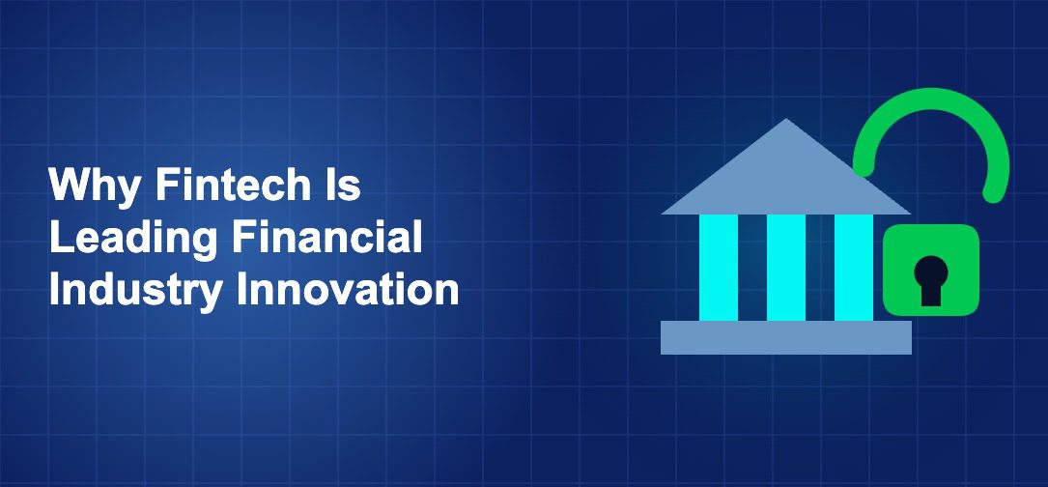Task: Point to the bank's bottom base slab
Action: coord(786,337)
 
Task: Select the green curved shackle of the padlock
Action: coord(933,101)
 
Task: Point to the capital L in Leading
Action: coord(60,238)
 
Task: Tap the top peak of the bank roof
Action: coord(786,124)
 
